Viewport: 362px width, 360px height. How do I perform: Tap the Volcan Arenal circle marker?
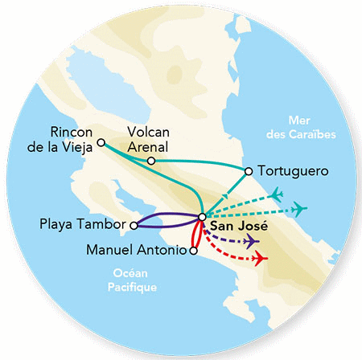point(151,162)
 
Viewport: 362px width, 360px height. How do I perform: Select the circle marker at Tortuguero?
point(249,170)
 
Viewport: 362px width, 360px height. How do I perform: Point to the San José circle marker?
point(201,216)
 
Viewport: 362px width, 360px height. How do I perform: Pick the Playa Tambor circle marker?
point(134,224)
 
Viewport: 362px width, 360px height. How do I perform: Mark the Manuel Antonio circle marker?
point(192,251)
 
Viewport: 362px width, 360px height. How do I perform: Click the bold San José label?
point(232,227)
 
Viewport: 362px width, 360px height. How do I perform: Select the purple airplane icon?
point(250,241)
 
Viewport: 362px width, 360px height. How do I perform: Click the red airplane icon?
point(259,259)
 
